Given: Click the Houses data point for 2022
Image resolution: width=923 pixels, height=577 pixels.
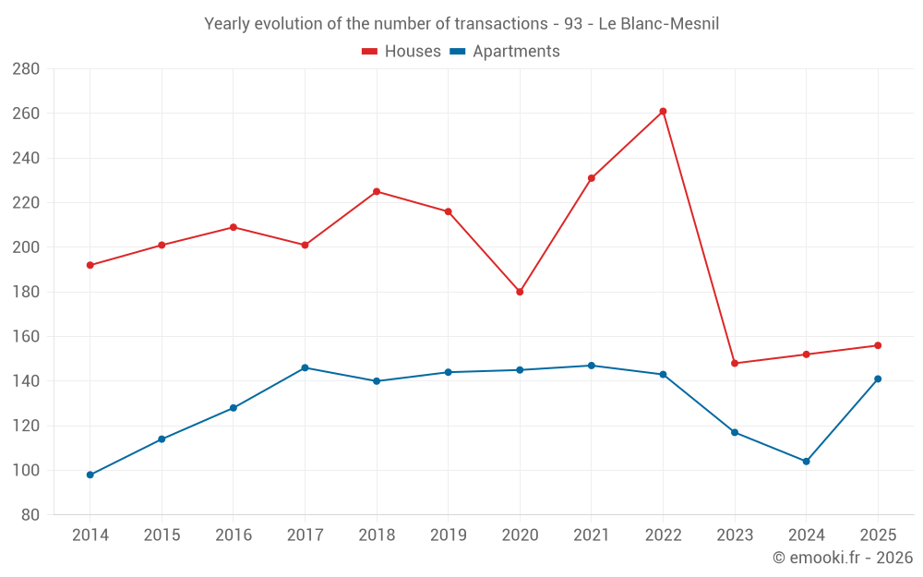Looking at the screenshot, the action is click(x=663, y=112).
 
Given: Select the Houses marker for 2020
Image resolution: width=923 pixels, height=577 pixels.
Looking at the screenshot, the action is click(x=520, y=292).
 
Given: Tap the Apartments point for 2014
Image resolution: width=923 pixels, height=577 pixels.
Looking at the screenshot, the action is click(x=90, y=475).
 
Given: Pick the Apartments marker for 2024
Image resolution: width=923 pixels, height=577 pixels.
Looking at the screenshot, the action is click(x=806, y=462).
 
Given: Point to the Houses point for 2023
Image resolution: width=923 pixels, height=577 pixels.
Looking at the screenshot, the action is click(x=735, y=363).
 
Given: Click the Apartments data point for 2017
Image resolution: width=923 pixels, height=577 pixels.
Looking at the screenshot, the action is click(x=305, y=368).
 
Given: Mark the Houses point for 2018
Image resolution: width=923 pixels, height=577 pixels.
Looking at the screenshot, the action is click(x=377, y=191).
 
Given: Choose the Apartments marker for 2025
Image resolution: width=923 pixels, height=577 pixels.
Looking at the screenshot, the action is click(x=878, y=379).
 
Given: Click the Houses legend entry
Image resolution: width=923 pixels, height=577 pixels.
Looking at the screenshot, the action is click(x=402, y=51).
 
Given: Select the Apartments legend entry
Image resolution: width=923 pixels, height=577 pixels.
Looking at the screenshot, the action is click(x=505, y=51).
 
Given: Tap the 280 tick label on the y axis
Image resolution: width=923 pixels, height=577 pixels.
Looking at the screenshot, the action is click(x=26, y=69).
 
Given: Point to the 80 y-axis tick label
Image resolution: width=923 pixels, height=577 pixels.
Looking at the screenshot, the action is click(x=30, y=514).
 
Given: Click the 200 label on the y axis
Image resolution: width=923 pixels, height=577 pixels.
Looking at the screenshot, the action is click(x=26, y=247).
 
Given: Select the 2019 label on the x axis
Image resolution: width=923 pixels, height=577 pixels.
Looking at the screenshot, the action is click(x=449, y=535).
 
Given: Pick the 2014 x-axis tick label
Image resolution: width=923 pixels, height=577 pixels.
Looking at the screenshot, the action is click(x=90, y=535).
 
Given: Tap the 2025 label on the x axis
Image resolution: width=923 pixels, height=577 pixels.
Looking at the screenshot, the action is click(x=878, y=535).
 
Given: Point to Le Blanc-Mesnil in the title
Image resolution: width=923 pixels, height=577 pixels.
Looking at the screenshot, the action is click(x=659, y=24).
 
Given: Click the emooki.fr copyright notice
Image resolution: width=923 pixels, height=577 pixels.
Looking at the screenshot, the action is click(x=843, y=557).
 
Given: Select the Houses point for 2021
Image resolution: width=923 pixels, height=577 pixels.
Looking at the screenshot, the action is click(x=592, y=178).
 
